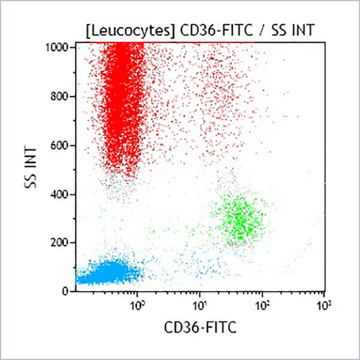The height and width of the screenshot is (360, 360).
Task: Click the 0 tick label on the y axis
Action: [68, 292]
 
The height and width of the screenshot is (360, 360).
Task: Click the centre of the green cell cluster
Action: [240, 217]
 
